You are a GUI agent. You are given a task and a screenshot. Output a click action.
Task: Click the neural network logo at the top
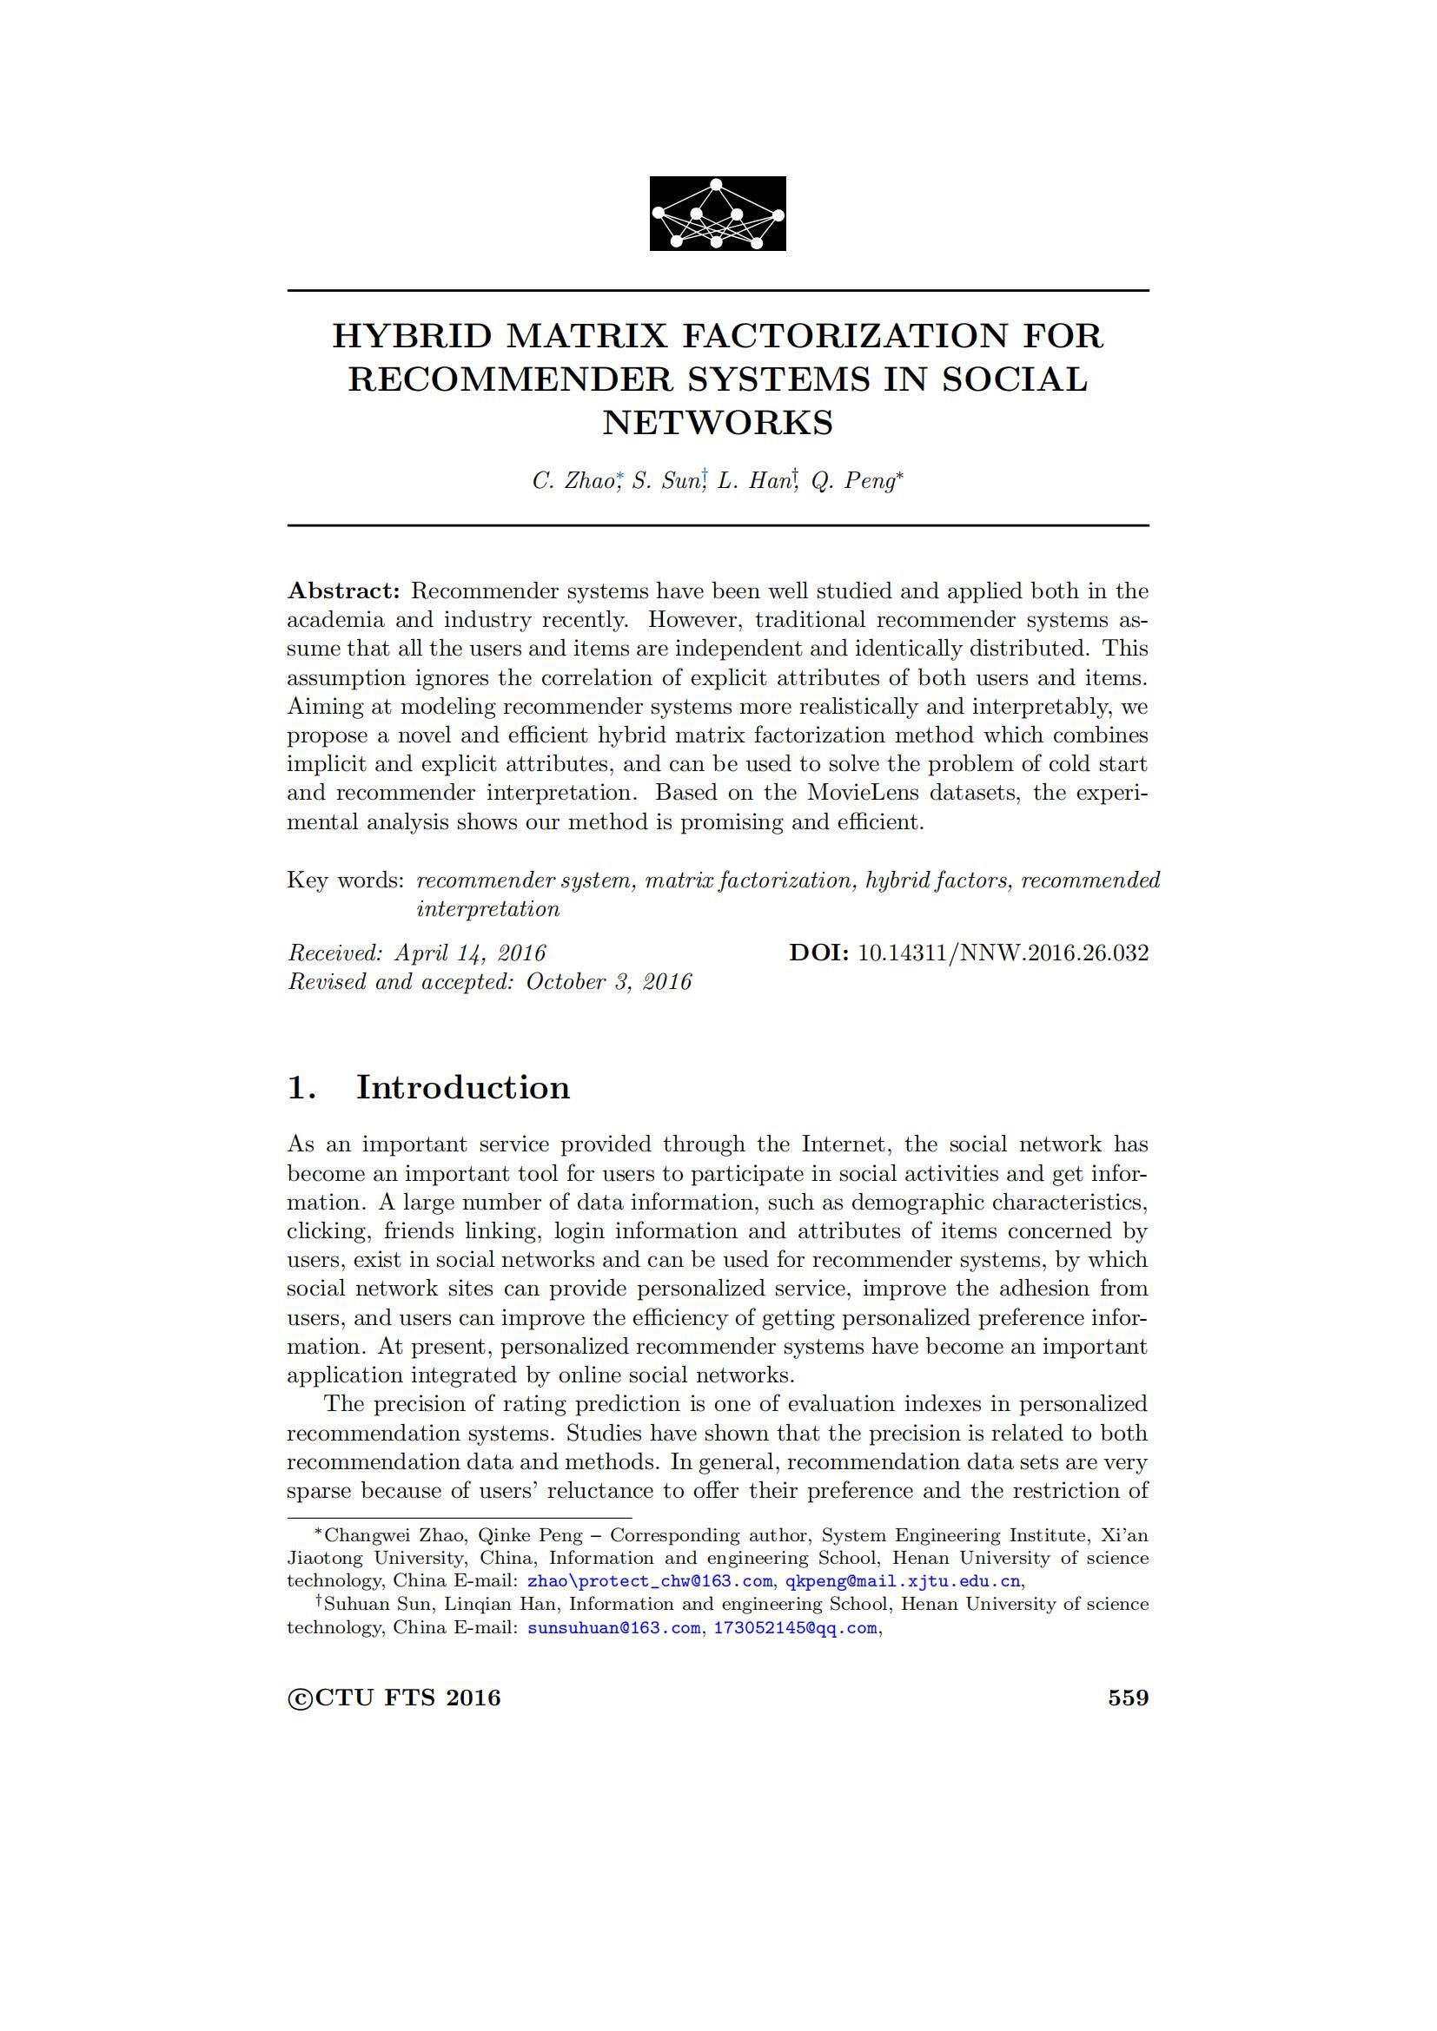click(718, 214)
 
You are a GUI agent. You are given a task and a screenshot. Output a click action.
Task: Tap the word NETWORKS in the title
click(718, 422)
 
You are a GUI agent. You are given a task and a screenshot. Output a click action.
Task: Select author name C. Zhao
click(573, 481)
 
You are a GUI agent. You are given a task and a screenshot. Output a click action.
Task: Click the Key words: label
click(345, 880)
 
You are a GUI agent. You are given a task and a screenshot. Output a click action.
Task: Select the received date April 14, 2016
click(470, 953)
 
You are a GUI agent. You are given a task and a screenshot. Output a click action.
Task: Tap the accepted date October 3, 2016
click(609, 982)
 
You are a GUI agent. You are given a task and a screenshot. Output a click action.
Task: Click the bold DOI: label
click(819, 953)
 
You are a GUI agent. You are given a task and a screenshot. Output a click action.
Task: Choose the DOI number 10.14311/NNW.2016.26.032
click(1003, 953)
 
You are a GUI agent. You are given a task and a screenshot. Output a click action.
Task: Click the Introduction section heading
click(463, 1087)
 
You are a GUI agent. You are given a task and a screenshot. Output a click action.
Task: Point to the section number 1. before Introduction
click(301, 1087)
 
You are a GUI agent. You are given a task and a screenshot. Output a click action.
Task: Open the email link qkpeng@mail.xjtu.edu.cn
click(904, 1581)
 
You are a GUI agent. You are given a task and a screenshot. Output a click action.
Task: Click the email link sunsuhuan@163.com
click(613, 1627)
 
